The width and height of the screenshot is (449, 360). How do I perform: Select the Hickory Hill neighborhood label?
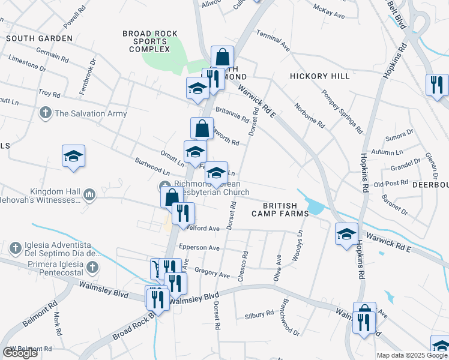[x=319, y=76]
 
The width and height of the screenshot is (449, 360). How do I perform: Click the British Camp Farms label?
[x=276, y=209]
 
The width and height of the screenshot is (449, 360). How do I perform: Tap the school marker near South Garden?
[x=73, y=157]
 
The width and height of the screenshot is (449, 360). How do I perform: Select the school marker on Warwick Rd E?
[x=346, y=234]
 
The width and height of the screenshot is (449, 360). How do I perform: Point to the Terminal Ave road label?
[x=274, y=41]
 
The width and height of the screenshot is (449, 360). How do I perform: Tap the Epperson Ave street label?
[x=203, y=247]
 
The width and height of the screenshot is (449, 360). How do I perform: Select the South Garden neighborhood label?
[x=39, y=38]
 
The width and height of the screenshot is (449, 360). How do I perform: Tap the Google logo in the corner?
[x=20, y=352]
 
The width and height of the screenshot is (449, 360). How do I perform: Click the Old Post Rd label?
[x=387, y=184]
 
